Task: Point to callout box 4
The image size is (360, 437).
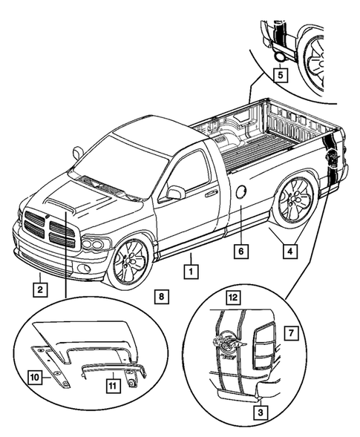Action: [289, 251]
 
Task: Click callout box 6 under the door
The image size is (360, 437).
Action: [240, 251]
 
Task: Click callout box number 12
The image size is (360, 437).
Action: [232, 297]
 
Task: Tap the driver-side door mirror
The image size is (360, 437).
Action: [175, 193]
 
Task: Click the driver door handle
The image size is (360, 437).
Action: [212, 194]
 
